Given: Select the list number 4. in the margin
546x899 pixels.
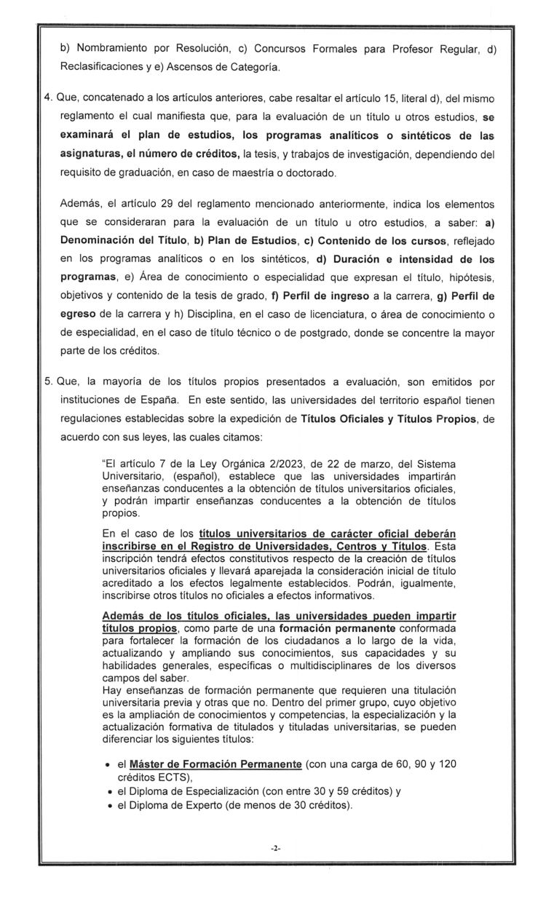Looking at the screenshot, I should [48, 98].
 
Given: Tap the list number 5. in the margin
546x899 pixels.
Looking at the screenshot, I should [48, 381].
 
